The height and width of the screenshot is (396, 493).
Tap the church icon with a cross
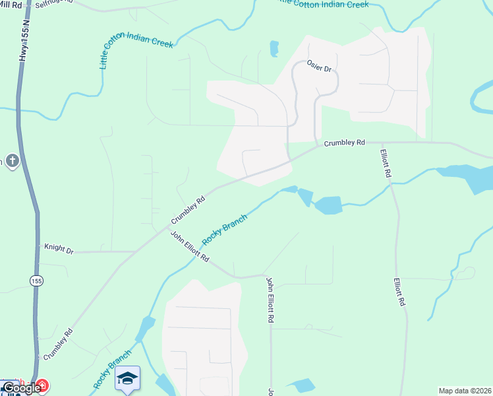[11, 160]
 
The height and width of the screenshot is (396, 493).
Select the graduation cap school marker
[127, 378]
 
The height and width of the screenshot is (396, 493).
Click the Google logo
[21, 388]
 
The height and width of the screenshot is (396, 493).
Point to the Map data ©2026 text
[464, 390]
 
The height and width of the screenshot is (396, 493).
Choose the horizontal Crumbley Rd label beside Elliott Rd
[344, 142]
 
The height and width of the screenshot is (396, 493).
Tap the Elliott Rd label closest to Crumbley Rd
[386, 163]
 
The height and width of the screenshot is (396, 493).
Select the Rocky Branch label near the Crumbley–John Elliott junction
[225, 228]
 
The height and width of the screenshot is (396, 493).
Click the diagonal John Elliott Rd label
[190, 246]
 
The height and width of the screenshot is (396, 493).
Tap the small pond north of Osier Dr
[274, 49]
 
